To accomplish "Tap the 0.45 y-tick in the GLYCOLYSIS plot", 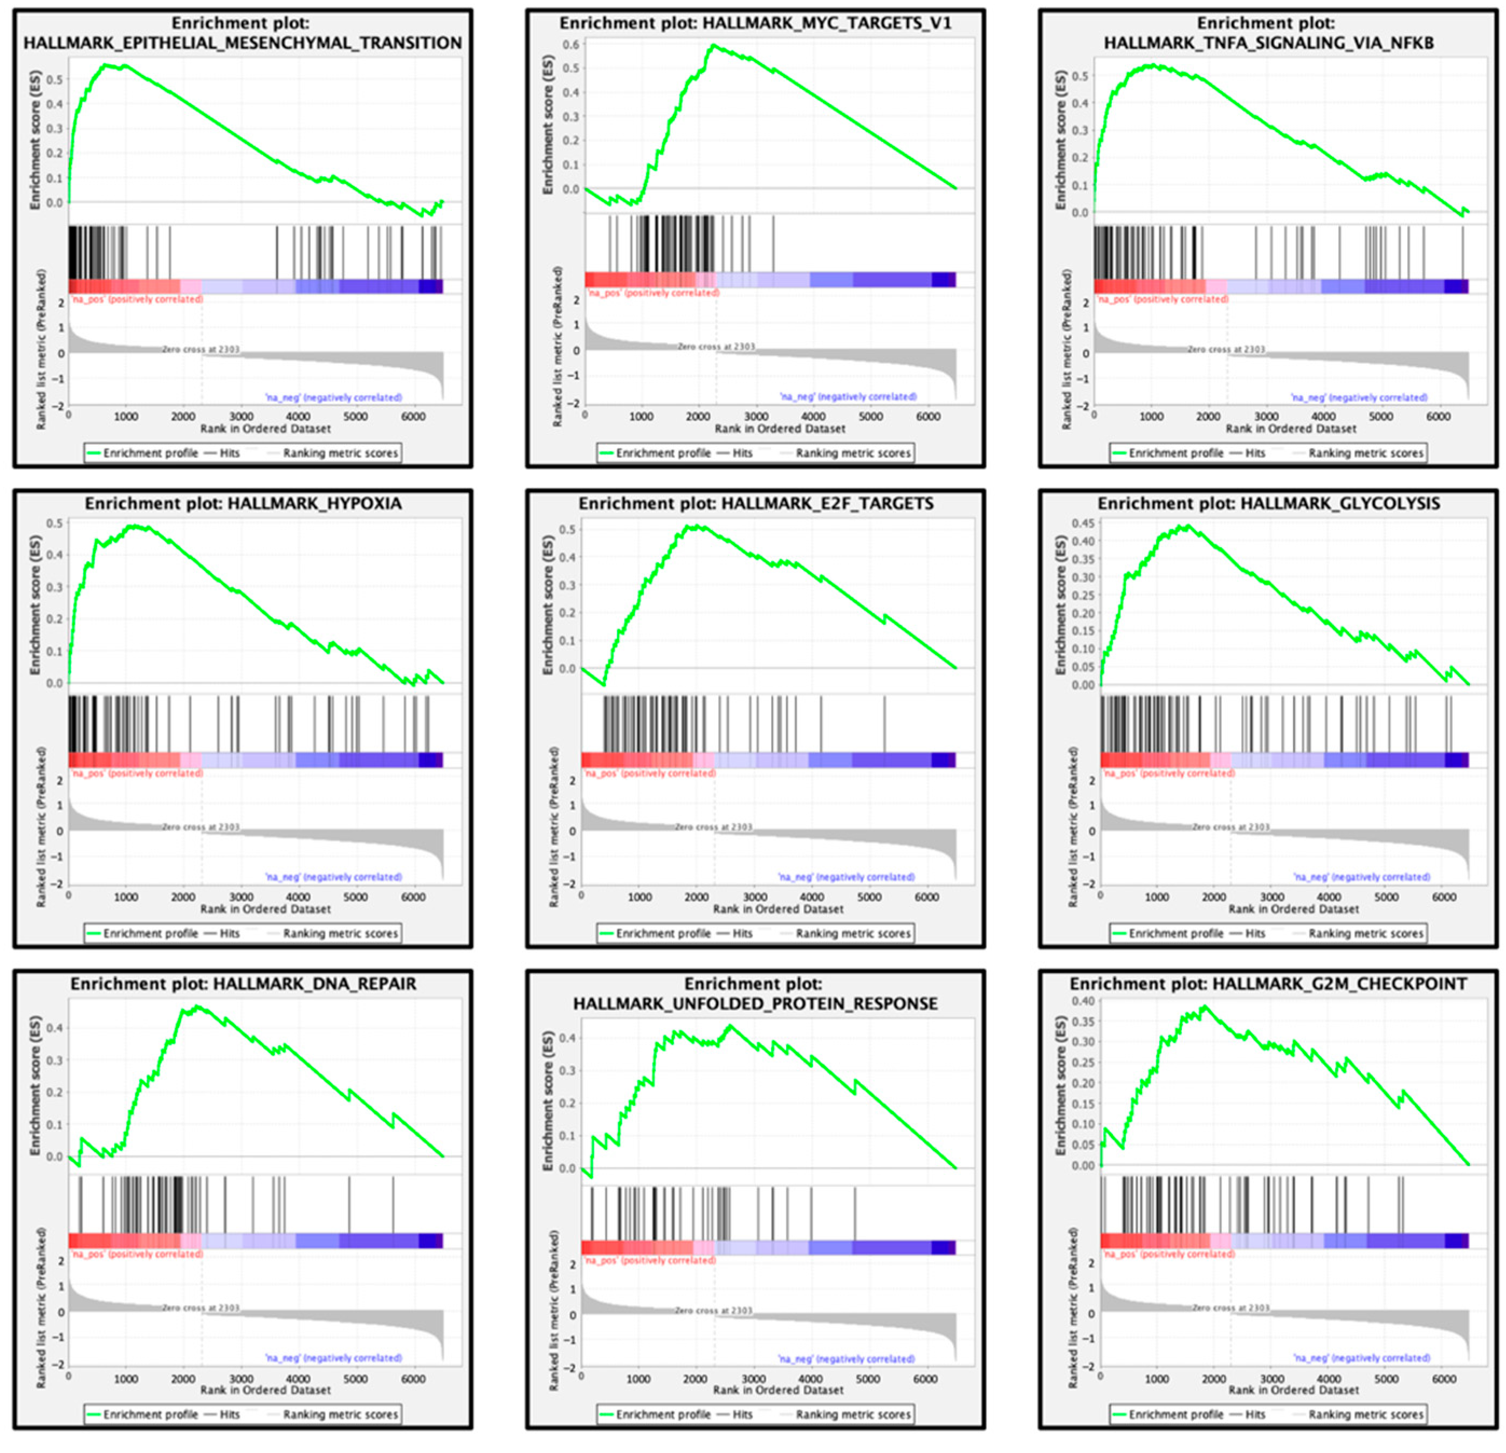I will click(x=1082, y=524).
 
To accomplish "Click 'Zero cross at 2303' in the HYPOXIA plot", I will click(x=201, y=827).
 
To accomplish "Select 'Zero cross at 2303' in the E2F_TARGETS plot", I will click(x=713, y=827).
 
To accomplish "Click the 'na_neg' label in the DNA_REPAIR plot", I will click(x=333, y=1358).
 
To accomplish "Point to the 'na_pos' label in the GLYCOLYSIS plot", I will click(x=1168, y=773).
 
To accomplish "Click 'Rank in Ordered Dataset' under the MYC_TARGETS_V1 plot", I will click(x=779, y=428).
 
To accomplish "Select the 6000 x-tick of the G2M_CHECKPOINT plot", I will click(x=1444, y=1379).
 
